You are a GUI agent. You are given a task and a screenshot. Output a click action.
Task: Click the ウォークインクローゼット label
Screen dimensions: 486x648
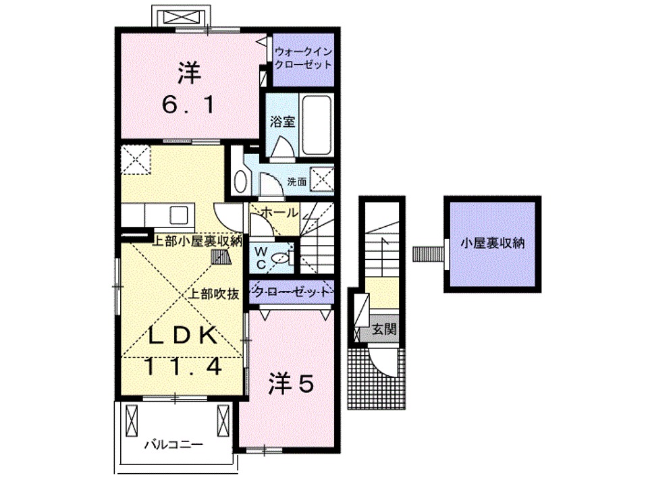click(x=303, y=59)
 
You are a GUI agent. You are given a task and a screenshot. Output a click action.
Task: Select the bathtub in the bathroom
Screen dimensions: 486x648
click(x=316, y=125)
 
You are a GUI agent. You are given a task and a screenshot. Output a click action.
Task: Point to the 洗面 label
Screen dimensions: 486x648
click(x=297, y=181)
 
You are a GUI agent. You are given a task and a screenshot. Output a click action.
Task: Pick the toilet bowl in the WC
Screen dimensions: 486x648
click(x=286, y=256)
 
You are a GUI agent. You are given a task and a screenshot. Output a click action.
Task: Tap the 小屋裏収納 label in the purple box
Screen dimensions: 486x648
click(x=492, y=244)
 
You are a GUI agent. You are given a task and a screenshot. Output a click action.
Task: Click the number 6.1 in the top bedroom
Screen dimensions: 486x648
click(x=188, y=104)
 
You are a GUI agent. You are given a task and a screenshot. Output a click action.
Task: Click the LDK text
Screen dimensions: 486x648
click(x=182, y=335)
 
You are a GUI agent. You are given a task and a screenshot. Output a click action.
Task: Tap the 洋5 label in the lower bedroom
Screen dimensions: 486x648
click(x=292, y=385)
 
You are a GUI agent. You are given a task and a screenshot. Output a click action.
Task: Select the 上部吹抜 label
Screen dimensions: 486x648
click(x=213, y=294)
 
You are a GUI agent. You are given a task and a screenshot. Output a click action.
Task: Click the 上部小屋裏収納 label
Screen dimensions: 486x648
click(x=196, y=241)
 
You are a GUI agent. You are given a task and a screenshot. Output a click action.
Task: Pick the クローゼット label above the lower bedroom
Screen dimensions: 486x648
click(x=292, y=292)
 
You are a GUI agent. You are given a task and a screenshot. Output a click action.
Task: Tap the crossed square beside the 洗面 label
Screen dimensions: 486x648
click(x=322, y=179)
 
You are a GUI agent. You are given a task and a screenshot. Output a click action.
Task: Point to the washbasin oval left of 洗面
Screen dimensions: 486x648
click(x=240, y=180)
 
